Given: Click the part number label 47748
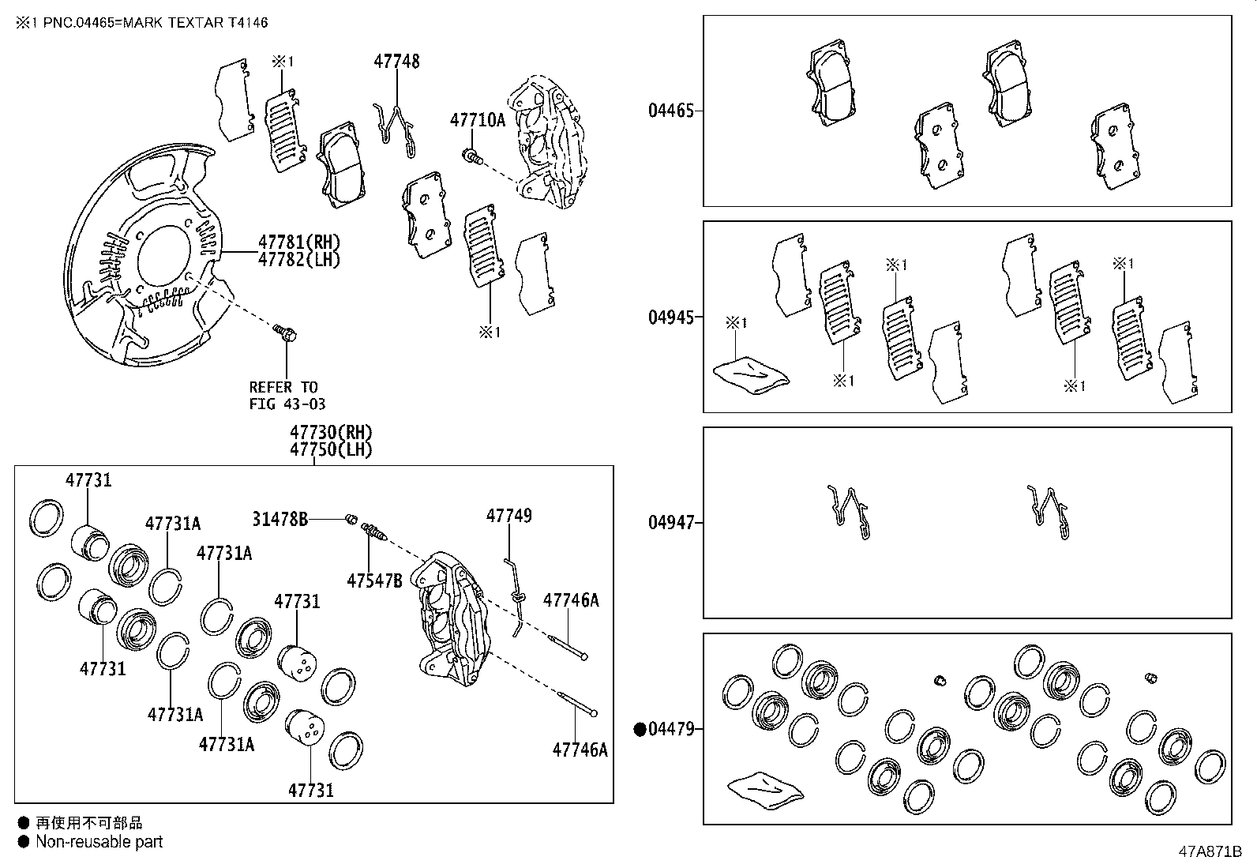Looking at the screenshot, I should (396, 61).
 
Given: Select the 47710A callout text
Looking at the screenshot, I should (477, 120).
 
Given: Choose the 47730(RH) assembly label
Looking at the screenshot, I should (330, 433).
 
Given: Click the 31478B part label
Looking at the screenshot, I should (280, 519).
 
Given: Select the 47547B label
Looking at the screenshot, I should (374, 581).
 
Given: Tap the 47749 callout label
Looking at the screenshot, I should (508, 516).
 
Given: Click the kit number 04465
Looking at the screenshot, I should (671, 111).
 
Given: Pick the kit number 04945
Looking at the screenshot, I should (671, 318).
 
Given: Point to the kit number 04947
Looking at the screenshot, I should (671, 523).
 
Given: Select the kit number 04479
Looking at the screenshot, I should (671, 729).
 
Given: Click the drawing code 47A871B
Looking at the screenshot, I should (1210, 852).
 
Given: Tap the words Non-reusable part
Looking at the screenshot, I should (99, 842).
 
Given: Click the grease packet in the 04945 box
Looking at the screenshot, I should (750, 373).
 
